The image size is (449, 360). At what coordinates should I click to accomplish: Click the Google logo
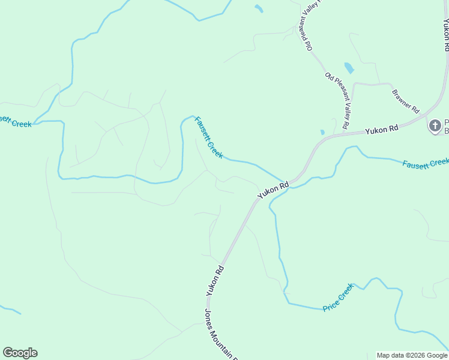(20, 353)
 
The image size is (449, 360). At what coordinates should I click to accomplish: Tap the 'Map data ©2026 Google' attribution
(412, 355)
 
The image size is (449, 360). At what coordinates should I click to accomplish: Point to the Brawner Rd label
(405, 100)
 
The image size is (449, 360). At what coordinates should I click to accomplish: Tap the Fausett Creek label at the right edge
(426, 163)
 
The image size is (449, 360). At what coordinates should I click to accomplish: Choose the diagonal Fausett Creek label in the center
(209, 137)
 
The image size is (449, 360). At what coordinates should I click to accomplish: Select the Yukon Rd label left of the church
(382, 129)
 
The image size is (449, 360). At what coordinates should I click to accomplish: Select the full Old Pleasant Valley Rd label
(337, 100)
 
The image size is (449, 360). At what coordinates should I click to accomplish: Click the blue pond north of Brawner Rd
(349, 68)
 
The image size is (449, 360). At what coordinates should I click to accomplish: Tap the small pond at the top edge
(259, 8)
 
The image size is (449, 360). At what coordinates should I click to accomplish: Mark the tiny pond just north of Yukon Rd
(322, 132)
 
